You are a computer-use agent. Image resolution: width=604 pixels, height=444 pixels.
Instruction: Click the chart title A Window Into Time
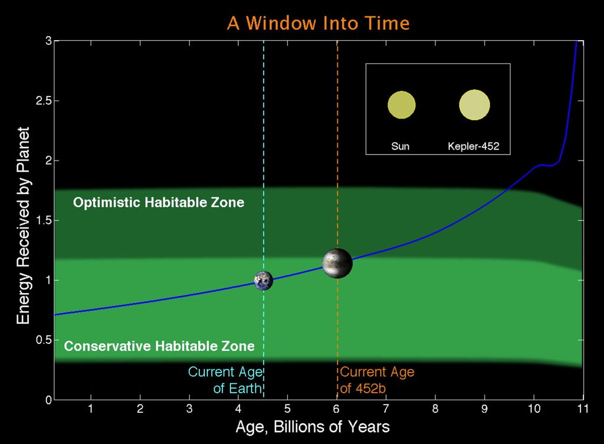(x=318, y=23)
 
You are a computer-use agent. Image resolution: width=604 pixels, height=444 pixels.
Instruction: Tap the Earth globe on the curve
(x=264, y=280)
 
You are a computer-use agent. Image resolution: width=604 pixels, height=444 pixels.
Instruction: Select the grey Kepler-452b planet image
(x=337, y=264)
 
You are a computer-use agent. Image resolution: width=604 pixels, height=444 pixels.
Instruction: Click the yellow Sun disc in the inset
(x=401, y=105)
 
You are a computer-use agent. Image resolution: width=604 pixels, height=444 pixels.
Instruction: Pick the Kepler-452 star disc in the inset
(x=474, y=105)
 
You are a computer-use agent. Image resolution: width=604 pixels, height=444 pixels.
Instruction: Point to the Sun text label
(x=401, y=146)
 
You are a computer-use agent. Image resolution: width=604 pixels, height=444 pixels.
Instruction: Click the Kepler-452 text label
(x=474, y=146)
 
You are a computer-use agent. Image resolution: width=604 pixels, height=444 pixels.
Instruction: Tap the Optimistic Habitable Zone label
(x=159, y=203)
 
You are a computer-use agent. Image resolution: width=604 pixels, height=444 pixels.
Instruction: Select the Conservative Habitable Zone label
(x=159, y=346)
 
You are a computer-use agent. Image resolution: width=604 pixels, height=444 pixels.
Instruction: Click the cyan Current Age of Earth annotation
(x=225, y=380)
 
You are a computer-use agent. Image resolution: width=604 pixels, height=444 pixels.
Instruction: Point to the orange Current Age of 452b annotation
(x=377, y=380)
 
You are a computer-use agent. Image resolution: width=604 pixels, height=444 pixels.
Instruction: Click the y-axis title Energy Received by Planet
(x=24, y=226)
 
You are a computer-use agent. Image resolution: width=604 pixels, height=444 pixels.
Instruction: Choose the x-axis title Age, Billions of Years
(x=313, y=427)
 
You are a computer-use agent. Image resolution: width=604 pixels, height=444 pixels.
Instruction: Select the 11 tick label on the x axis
(x=583, y=409)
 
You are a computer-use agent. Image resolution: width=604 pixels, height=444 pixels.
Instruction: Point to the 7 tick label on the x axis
(x=386, y=409)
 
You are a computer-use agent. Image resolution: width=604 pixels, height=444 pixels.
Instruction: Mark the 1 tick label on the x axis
(x=90, y=409)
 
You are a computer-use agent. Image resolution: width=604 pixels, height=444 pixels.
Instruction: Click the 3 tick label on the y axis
(x=48, y=41)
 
